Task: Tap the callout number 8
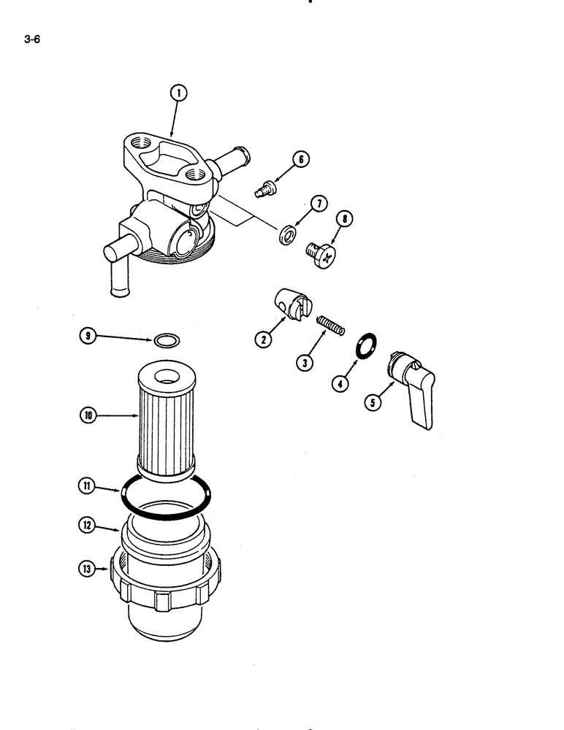[343, 218]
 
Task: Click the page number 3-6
[31, 41]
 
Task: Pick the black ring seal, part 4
[365, 345]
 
